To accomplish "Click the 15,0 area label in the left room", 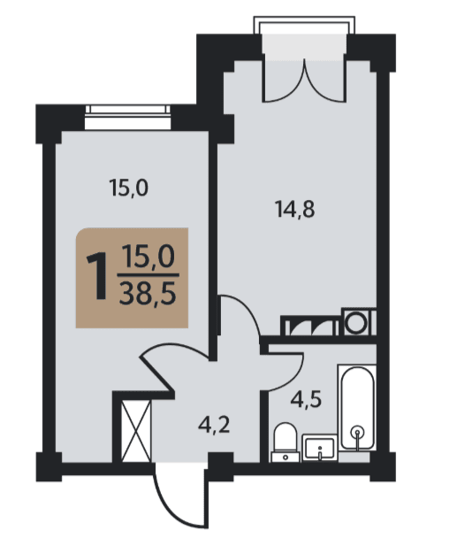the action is [128, 188].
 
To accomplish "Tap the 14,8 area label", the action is [295, 210].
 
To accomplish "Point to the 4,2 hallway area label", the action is [214, 426].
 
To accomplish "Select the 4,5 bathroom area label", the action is [306, 400].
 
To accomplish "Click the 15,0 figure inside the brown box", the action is [149, 257].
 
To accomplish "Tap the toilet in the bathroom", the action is [286, 442].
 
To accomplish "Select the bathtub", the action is [356, 408].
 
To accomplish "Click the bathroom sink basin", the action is [319, 448].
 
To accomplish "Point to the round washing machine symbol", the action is [355, 323].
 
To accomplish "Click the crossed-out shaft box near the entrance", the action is [136, 431].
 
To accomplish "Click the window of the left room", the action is [127, 118].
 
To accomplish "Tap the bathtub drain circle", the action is [358, 432].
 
